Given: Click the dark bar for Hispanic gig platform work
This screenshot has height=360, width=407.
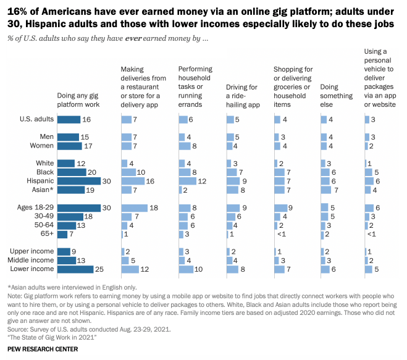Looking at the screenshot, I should coord(78,181).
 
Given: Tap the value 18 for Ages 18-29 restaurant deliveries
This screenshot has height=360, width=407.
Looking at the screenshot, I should coord(154,207).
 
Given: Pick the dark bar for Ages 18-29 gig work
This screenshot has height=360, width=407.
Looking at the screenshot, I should coord(78,207).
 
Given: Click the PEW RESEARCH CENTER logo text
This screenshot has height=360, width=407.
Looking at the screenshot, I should coord(43,350).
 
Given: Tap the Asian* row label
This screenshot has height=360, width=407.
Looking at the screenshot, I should coord(43,190).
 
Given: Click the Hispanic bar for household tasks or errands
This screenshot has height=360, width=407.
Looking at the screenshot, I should coord(187,181).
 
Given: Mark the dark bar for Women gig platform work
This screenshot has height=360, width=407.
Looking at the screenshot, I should coord(69,146).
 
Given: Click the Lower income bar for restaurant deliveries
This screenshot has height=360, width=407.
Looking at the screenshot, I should coord(130,269).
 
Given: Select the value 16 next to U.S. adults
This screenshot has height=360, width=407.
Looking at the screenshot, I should coord(87,119).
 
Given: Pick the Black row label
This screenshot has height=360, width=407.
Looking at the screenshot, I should coord(44,172).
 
